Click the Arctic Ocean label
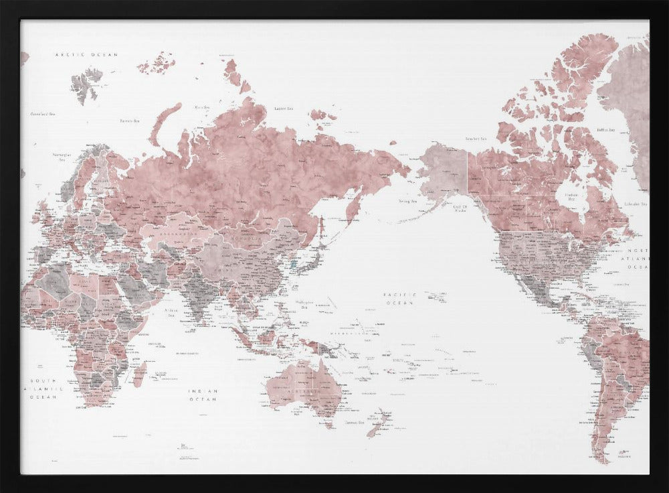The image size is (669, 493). coord(86,54)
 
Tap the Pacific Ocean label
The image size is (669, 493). coord(399,298)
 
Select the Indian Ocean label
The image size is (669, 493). coord(203,395)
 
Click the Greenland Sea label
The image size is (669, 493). coord(43,115)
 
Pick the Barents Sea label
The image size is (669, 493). coord(129,121)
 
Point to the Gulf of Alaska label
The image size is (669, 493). coord(461,210)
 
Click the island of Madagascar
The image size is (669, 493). coord(139,373)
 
